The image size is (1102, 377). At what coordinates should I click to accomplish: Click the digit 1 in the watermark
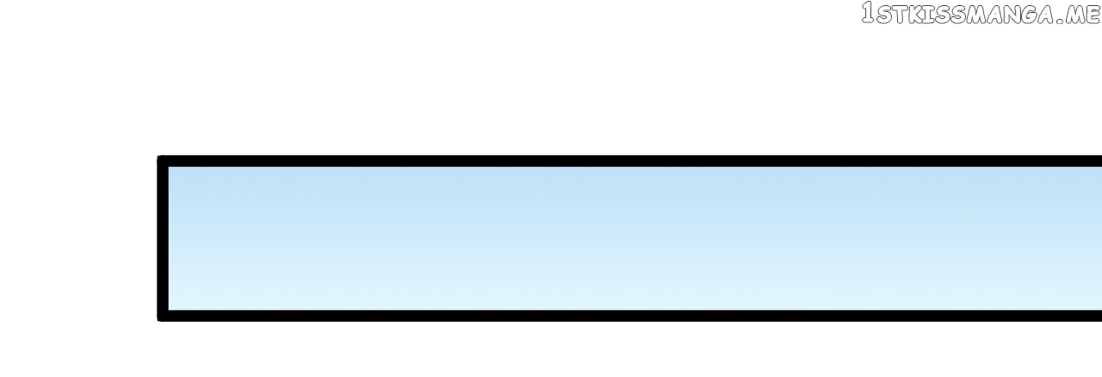point(869,13)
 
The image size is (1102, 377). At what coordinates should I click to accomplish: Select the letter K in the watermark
point(915,15)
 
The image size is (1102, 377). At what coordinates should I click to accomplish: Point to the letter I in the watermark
point(928,15)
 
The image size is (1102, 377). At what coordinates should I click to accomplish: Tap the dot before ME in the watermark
point(1059,21)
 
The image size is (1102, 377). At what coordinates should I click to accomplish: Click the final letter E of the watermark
point(1092,15)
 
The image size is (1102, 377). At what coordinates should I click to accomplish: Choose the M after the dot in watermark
point(1074,15)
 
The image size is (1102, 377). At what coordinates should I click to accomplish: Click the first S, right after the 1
point(883,15)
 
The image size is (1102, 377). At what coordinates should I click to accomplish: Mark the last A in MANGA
point(1045,15)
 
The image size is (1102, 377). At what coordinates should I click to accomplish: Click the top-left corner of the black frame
point(158,156)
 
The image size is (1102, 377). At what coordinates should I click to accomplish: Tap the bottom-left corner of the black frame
point(158,320)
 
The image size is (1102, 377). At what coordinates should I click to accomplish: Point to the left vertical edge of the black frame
point(163,238)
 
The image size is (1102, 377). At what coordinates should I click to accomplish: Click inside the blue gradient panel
point(635,238)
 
